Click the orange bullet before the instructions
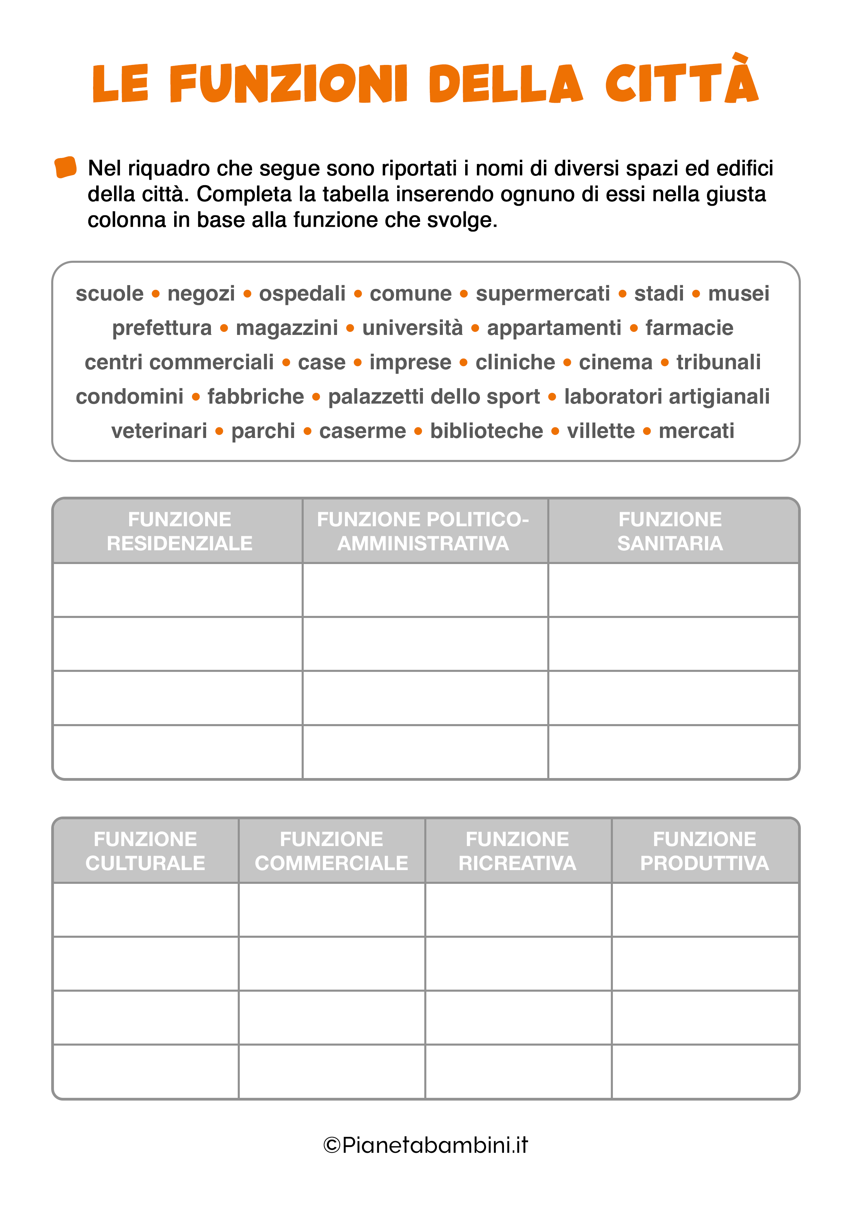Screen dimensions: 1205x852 [x=66, y=167]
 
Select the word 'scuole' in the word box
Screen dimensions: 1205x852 [x=109, y=293]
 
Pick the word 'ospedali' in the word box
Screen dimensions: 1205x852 [x=302, y=293]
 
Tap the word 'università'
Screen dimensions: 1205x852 [x=412, y=328]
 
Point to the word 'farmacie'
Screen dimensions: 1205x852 [x=689, y=328]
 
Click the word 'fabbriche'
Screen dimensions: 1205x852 [x=255, y=397]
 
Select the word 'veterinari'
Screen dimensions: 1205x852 [x=159, y=431]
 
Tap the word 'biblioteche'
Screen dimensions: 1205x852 [x=486, y=431]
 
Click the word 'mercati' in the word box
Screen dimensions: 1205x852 [x=696, y=431]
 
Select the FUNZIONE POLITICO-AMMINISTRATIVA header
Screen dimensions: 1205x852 [x=423, y=531]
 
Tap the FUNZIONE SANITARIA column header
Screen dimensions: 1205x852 [x=670, y=531]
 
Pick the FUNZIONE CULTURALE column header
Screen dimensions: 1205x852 [x=145, y=851]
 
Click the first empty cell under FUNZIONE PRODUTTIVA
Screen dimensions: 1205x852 [x=705, y=910]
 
